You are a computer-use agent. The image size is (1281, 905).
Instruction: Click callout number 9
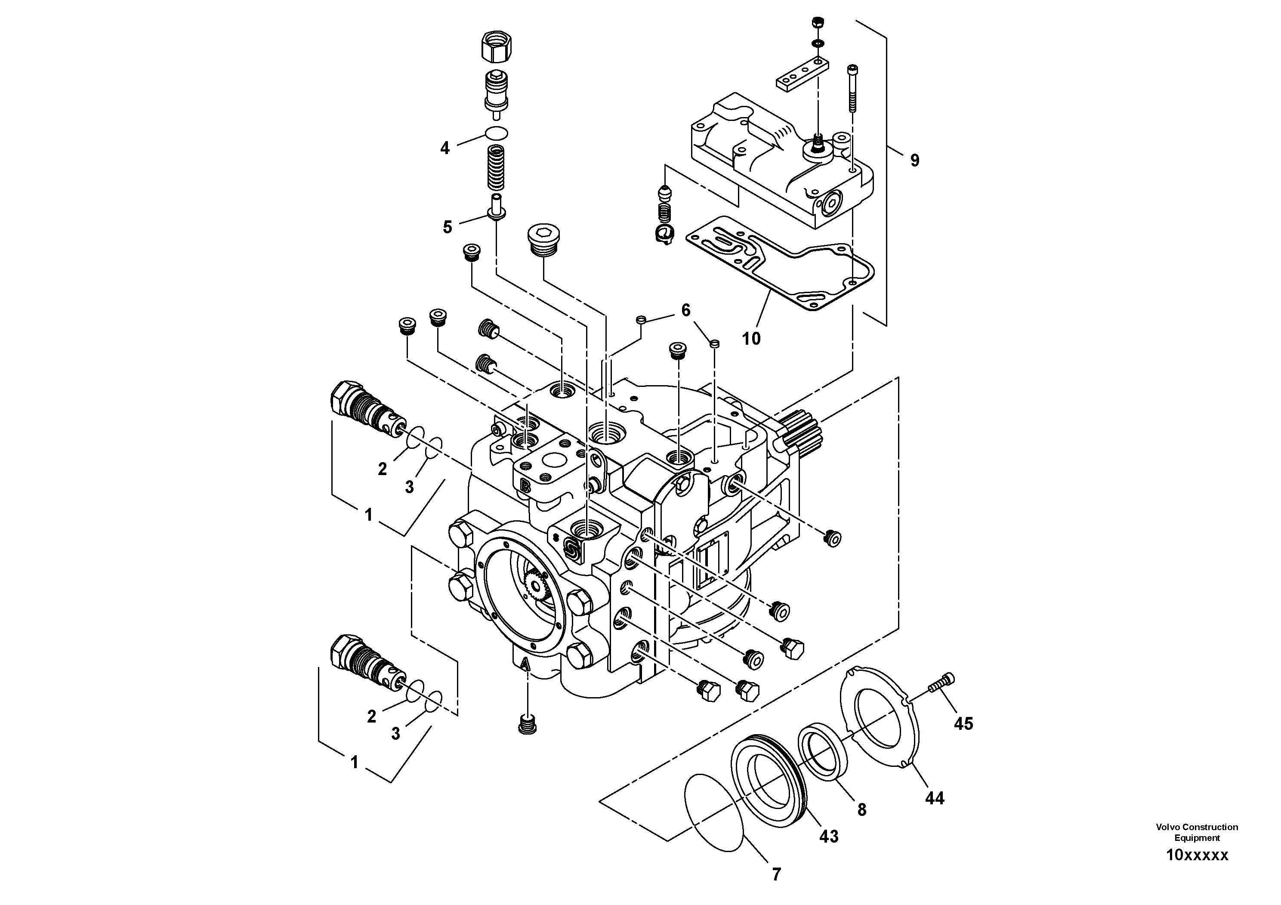[914, 161]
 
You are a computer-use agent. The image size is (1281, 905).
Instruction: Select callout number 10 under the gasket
[751, 338]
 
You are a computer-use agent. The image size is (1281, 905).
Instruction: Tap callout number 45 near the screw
[963, 724]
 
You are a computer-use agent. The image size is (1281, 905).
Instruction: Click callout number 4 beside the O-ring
[444, 148]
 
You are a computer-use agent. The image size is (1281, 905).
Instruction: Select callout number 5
[447, 227]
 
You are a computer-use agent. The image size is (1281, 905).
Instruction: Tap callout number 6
[686, 310]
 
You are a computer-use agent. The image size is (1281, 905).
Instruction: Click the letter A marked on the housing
[524, 664]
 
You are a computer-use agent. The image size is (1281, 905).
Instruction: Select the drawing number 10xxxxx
[1197, 855]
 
